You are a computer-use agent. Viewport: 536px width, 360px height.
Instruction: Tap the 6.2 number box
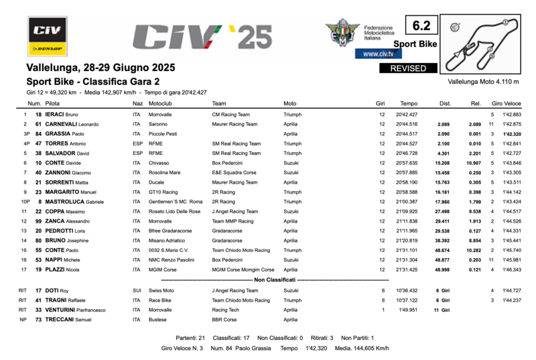click(x=421, y=26)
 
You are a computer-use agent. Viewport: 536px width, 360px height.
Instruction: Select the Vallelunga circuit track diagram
click(x=482, y=46)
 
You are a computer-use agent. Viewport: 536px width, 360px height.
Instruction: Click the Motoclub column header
click(x=161, y=104)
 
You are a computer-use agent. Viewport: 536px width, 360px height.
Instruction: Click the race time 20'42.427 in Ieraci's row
click(x=407, y=115)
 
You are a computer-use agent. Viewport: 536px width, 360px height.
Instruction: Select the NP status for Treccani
click(x=23, y=320)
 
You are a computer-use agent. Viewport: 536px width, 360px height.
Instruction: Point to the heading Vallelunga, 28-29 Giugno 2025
click(x=100, y=68)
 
